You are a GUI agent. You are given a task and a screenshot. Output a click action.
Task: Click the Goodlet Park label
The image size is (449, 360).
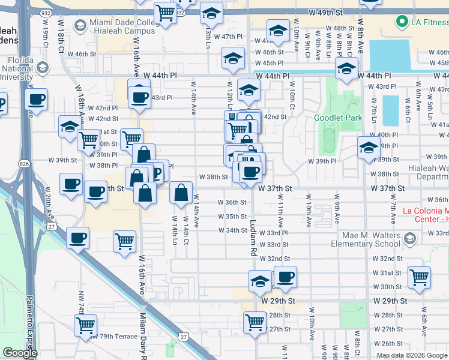(x=338, y=118)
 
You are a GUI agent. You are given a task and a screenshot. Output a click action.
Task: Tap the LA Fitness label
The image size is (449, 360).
(x=422, y=23)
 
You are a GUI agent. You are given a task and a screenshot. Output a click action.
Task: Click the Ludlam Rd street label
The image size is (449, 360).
(x=253, y=239)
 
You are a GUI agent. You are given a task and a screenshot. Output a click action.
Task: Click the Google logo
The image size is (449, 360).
(x=19, y=353)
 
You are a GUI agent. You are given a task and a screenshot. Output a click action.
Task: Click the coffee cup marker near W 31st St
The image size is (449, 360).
(x=286, y=276)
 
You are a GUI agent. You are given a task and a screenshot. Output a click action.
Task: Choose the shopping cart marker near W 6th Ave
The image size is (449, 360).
(x=419, y=277)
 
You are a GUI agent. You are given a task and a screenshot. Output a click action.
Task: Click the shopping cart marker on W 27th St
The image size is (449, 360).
(x=255, y=322)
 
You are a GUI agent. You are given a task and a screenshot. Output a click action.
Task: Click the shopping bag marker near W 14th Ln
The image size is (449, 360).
(x=181, y=193)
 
